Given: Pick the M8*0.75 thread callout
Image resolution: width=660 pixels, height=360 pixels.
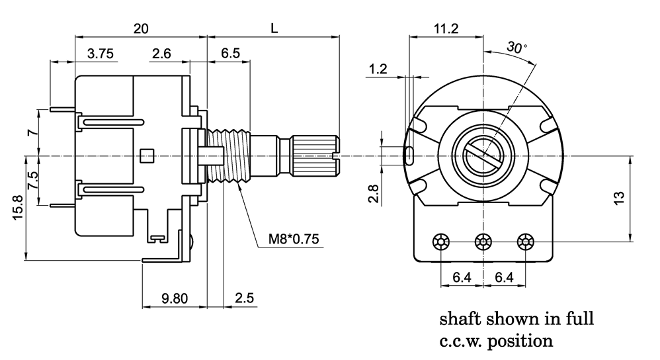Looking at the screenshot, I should coord(290,238).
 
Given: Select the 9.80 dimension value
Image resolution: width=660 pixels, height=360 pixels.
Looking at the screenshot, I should coord(175,298).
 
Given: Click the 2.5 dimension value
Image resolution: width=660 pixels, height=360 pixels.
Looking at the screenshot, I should coord(244,298).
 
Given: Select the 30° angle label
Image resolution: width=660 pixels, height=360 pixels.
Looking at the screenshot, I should coord(516,47).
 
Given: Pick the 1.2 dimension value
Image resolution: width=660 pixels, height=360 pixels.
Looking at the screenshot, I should coord(378,68).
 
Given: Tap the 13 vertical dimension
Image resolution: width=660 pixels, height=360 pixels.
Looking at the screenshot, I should coord(617,198).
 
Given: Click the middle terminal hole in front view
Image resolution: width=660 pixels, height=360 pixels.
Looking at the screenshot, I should coord(484,242).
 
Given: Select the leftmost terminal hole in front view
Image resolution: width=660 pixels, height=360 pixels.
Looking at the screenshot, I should coord(441,242).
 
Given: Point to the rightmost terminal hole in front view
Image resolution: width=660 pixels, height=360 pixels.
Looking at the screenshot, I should coord(526,242).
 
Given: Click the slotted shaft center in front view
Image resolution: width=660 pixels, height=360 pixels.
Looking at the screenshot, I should coord(484,156).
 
